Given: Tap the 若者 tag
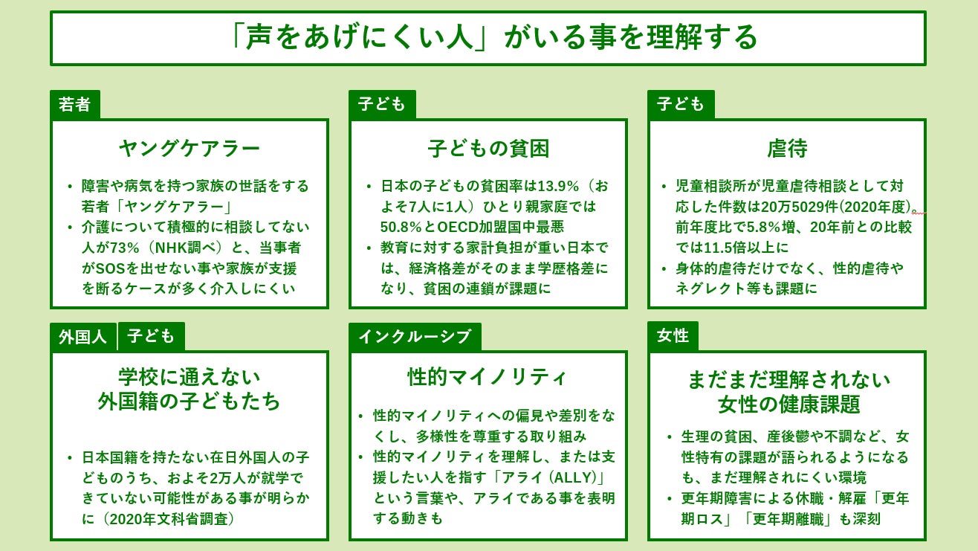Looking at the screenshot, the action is point(74,105).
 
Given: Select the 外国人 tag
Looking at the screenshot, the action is point(83,337).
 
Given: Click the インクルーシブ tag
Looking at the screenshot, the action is point(414,337).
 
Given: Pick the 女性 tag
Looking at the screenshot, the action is point(673,336).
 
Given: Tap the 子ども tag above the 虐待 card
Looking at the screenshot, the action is point(680,105).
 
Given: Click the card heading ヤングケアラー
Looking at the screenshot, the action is point(190,149).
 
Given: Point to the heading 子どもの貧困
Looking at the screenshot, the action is point(488,149).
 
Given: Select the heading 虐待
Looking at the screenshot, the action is point(787,149).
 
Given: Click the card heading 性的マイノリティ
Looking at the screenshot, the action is point(488,377).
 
